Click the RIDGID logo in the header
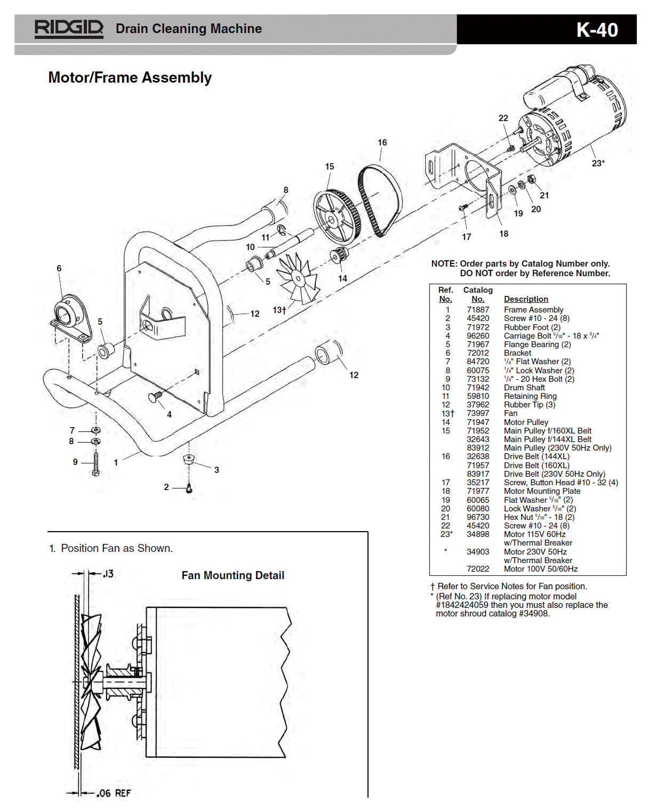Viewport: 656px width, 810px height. [x=68, y=28]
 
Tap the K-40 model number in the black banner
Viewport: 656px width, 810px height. [x=597, y=30]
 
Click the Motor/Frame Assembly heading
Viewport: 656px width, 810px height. [x=130, y=78]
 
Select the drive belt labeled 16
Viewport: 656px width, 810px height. [x=380, y=200]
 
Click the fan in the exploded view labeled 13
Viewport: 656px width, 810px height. [x=299, y=278]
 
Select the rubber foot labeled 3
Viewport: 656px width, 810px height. [x=188, y=459]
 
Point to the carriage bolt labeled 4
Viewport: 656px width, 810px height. [x=155, y=397]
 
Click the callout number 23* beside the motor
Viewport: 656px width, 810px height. [x=598, y=163]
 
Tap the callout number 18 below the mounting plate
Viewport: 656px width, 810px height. [x=503, y=234]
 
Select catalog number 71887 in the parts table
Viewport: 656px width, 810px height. [x=477, y=310]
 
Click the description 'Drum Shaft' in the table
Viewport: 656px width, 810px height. [x=524, y=388]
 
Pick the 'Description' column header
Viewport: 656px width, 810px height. [x=525, y=299]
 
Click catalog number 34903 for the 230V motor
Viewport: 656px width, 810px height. [x=477, y=552]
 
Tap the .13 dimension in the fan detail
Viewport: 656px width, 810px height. [x=108, y=574]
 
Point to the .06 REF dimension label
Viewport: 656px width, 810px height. [x=113, y=793]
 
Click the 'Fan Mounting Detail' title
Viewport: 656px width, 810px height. [x=233, y=575]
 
